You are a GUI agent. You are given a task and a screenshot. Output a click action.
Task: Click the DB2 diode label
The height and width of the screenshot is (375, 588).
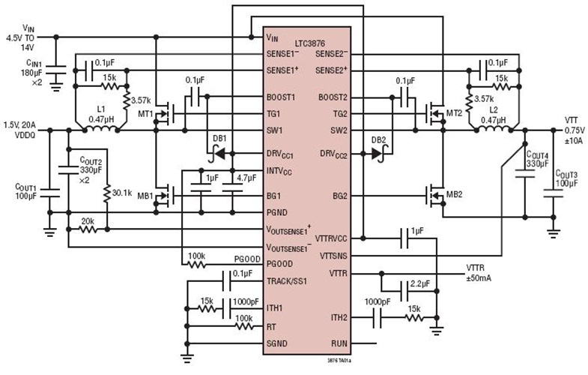[x=379, y=139]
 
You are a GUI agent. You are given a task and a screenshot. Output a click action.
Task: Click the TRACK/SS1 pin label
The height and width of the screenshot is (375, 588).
[x=291, y=282]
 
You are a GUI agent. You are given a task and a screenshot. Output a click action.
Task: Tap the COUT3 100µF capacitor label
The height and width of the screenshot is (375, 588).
[x=568, y=178]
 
